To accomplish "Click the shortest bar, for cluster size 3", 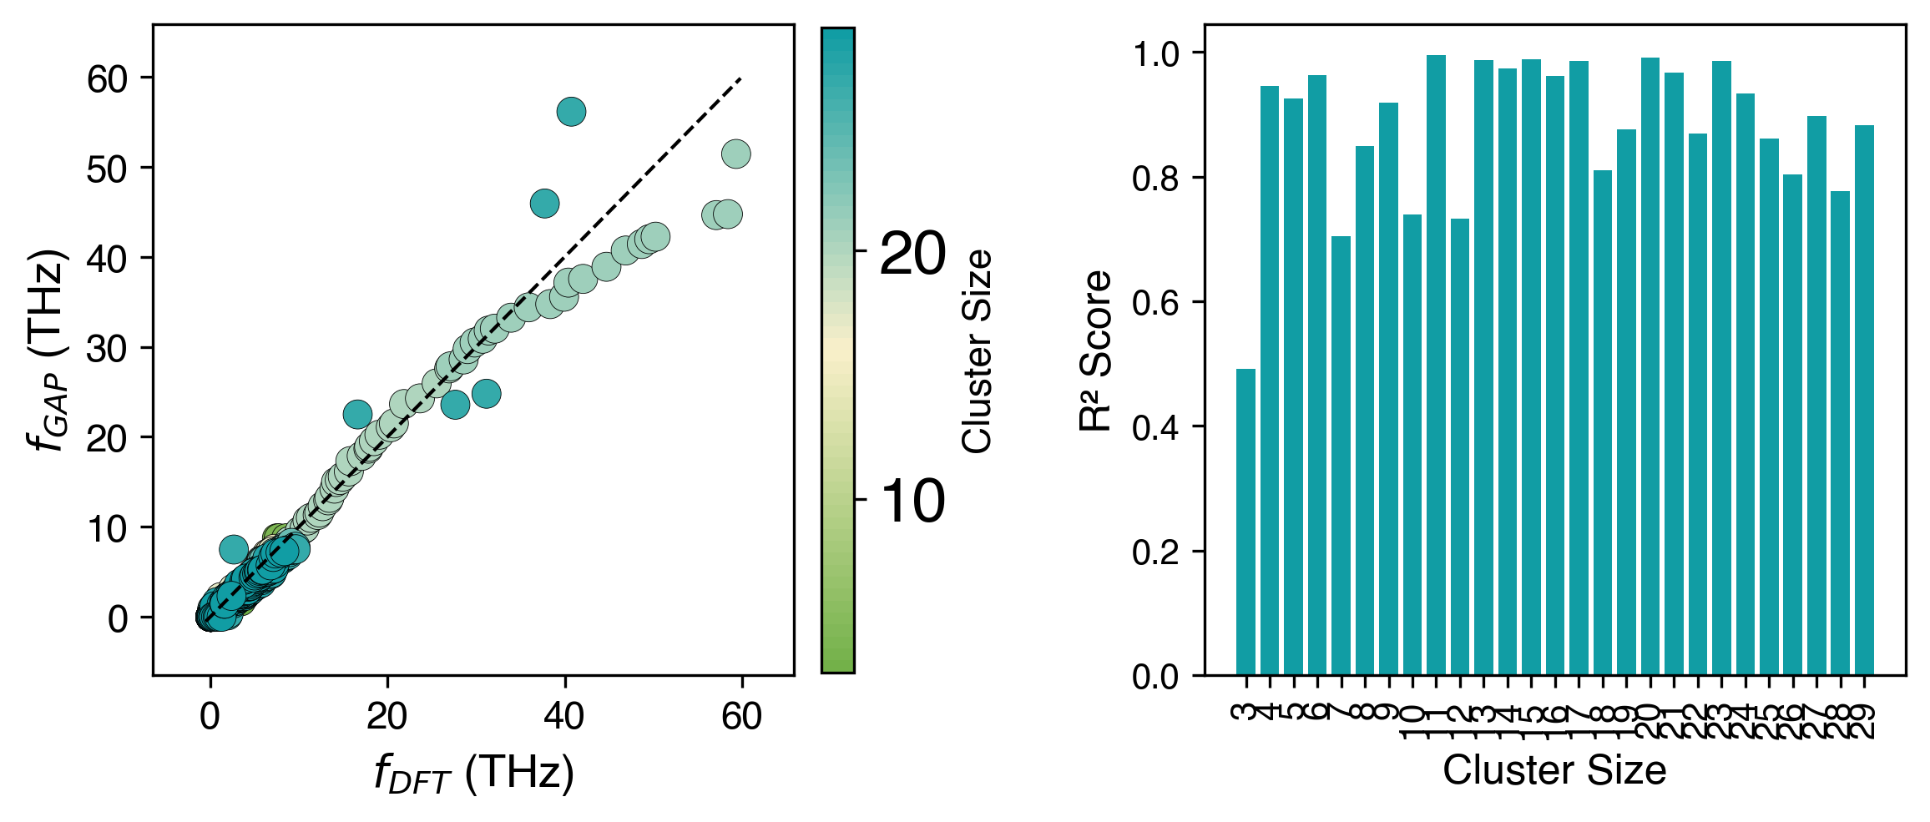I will click(x=1245, y=522).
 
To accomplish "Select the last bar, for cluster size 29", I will click(x=1864, y=400).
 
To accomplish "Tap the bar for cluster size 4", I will click(x=1270, y=381).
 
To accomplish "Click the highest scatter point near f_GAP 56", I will click(x=571, y=111).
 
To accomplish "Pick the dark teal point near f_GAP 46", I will click(x=544, y=203).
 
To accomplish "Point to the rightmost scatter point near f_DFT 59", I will click(x=735, y=154).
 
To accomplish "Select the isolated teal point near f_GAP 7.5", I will click(x=234, y=549).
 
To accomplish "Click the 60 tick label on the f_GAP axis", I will click(x=108, y=79).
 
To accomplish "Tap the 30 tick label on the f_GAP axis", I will click(x=108, y=349).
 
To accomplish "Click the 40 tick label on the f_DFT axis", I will click(x=564, y=716).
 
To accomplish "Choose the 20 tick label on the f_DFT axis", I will click(x=387, y=716).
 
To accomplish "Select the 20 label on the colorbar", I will click(x=912, y=253).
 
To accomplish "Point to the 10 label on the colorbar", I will click(x=912, y=502).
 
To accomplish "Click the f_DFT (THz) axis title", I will click(x=474, y=774).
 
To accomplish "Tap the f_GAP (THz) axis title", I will click(x=48, y=350).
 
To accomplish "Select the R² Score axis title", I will click(x=1096, y=350).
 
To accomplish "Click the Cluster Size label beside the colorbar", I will click(x=977, y=350).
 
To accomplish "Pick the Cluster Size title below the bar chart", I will click(x=1554, y=770).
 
